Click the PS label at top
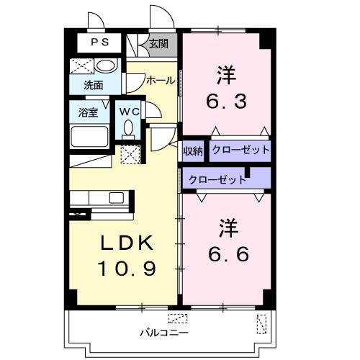pos(99,42)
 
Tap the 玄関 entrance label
pos(158,44)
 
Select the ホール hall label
pos(160,81)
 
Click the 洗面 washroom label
pos(93,85)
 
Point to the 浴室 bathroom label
pos(89,112)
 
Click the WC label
pos(130,112)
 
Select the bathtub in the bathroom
pos(89,136)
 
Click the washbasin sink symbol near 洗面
pos(105,66)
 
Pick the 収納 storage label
pos(193,150)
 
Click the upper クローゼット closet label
pos(241,150)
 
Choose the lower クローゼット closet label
pos(216,179)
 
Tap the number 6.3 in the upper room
pos(228,101)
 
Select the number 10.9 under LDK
pos(127,269)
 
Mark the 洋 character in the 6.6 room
pos(228,228)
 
